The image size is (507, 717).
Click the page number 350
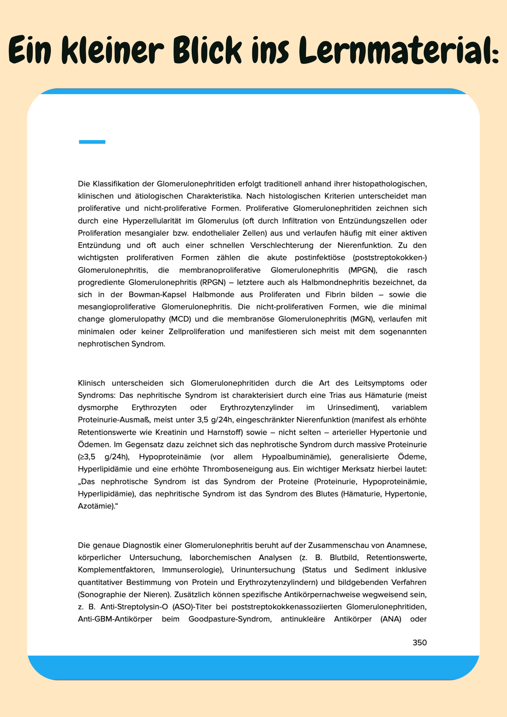coord(419,642)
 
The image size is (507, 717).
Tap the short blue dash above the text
coord(92,142)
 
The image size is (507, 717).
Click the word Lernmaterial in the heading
coord(398,50)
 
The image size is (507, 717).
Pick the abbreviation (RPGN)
coord(213,282)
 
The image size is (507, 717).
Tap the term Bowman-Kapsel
coord(158,294)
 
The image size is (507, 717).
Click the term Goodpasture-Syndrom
coord(230,619)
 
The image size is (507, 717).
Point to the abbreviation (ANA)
coord(391,619)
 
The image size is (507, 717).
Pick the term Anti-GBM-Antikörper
coord(115,619)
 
